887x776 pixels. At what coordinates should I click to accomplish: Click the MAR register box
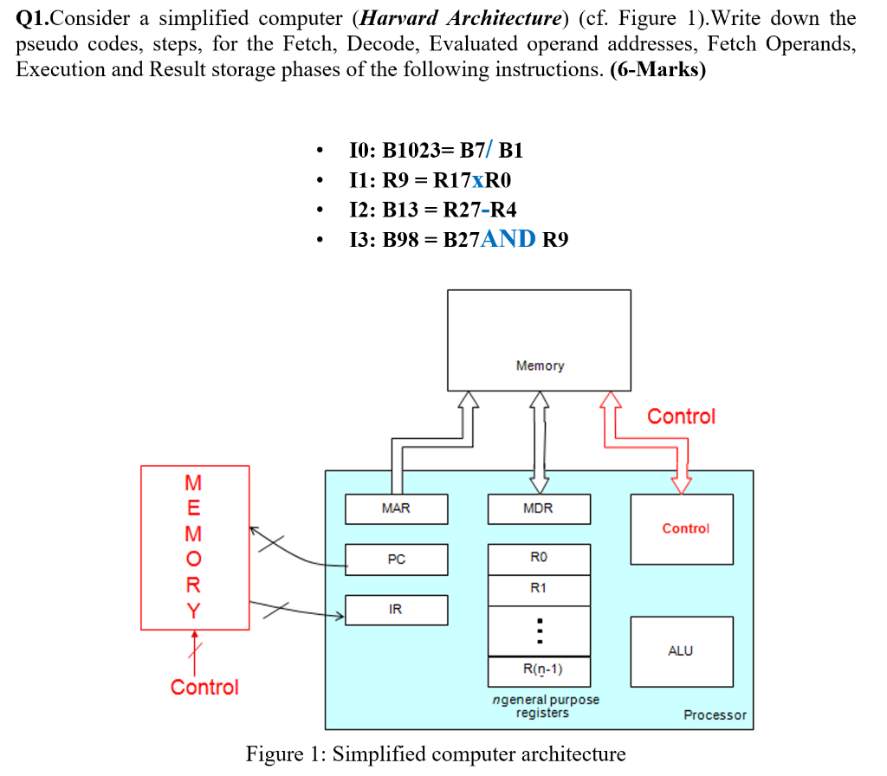click(x=396, y=509)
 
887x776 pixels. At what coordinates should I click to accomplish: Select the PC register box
click(x=396, y=559)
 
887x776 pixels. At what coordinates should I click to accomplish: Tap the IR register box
click(x=396, y=610)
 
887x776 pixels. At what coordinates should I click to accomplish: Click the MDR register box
click(x=539, y=509)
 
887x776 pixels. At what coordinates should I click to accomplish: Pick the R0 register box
click(x=539, y=559)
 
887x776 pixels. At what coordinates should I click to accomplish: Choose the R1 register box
click(x=539, y=589)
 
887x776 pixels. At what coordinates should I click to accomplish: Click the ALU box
click(x=681, y=650)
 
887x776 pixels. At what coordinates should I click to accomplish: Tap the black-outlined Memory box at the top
click(x=539, y=339)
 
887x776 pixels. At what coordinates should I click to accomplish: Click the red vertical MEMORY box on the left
click(x=195, y=547)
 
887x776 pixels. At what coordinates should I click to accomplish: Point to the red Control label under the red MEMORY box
click(x=204, y=688)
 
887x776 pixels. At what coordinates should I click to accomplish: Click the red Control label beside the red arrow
click(x=681, y=417)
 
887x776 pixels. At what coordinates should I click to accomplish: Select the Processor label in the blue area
click(x=714, y=715)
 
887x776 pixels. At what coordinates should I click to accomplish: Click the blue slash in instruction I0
click(x=491, y=150)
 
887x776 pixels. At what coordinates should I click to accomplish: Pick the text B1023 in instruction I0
click(x=411, y=151)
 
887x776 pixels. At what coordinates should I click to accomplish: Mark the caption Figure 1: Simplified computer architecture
click(x=436, y=753)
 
